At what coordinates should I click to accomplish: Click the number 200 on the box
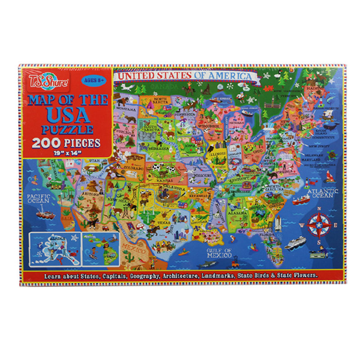coord(47,144)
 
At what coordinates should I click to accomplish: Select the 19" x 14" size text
coord(66,154)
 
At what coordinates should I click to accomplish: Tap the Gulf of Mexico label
coord(219,252)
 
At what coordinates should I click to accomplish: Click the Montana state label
coord(126,109)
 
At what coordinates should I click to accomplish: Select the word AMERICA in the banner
coord(234,76)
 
